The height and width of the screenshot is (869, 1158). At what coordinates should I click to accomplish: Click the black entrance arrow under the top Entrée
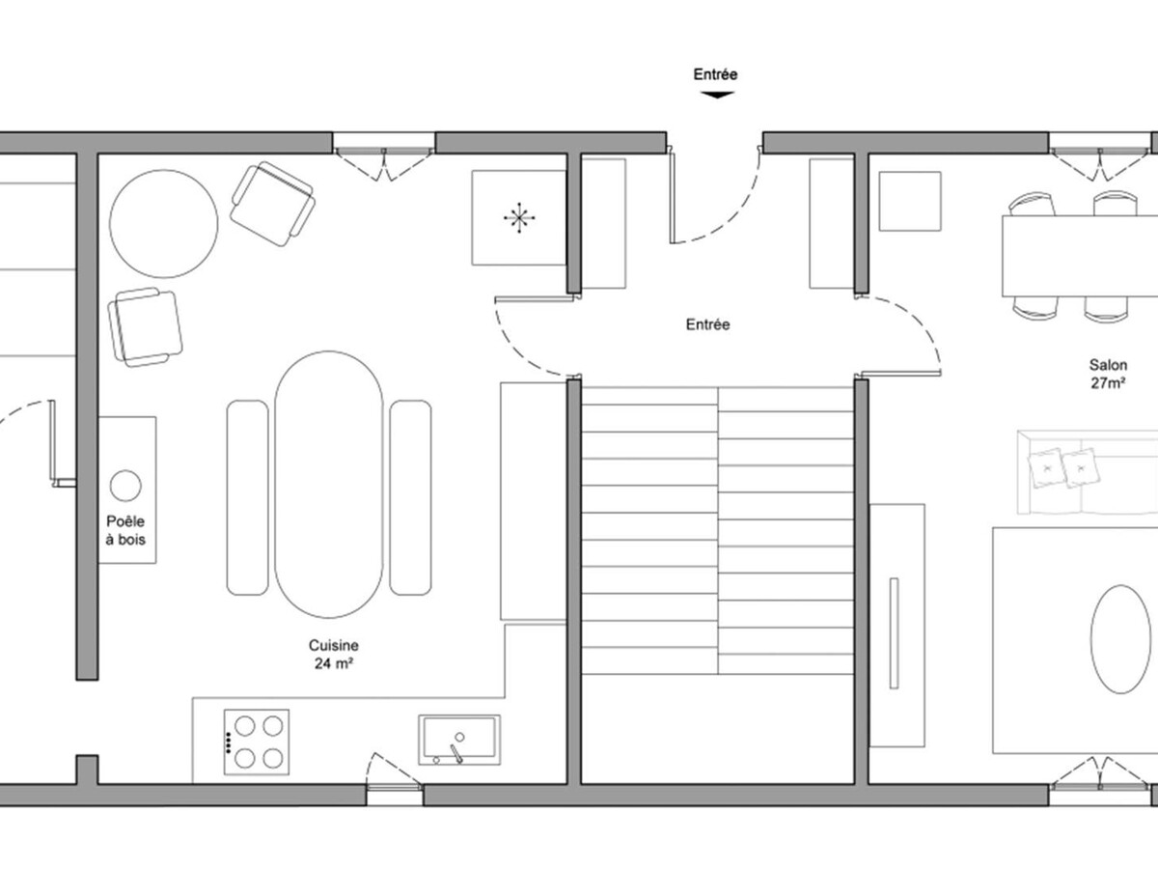[x=717, y=95]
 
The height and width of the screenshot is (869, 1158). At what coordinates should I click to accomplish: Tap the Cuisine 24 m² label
[x=334, y=655]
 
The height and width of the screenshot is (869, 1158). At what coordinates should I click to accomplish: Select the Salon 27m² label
[x=1108, y=374]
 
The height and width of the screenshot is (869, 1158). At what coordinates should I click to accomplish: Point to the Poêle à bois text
[x=125, y=530]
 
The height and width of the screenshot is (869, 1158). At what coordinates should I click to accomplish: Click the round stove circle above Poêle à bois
[x=125, y=486]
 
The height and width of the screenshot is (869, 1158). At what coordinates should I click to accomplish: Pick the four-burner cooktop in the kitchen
[x=257, y=742]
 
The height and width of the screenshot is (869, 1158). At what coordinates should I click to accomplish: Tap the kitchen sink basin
[x=459, y=740]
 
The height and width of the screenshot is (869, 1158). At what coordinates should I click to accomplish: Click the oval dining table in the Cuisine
[x=329, y=485]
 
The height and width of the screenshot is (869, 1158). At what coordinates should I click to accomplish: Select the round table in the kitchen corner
[x=163, y=224]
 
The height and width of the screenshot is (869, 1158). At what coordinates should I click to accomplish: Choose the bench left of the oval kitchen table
[x=247, y=497]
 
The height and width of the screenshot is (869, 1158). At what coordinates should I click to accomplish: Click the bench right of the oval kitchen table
[x=410, y=497]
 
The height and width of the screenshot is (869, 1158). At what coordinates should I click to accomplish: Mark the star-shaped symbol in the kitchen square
[x=519, y=217]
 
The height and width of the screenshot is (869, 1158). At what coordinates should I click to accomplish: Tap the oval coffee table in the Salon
[x=1120, y=639]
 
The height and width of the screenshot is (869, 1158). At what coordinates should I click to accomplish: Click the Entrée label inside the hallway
[x=708, y=324]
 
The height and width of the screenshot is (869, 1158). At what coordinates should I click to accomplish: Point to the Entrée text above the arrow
[x=715, y=74]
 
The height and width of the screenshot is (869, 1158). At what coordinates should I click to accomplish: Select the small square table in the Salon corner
[x=910, y=201]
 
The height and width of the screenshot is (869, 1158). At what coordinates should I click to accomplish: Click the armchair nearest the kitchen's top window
[x=273, y=204]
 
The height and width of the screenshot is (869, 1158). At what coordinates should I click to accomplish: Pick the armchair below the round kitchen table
[x=145, y=327]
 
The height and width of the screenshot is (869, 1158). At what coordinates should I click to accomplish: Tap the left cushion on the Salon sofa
[x=1045, y=467]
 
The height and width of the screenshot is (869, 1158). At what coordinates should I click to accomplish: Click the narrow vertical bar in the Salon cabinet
[x=894, y=633]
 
